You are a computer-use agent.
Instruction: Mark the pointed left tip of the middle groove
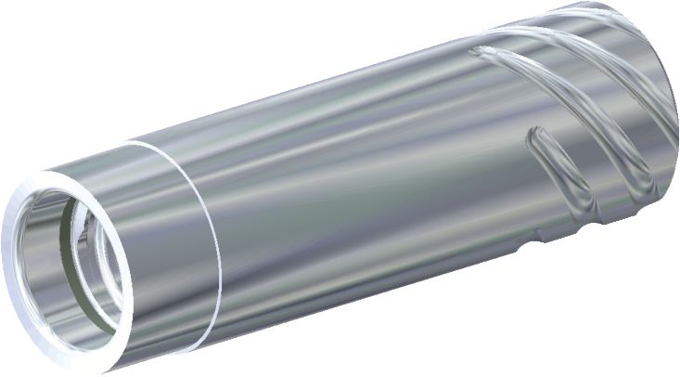click(x=475, y=52)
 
